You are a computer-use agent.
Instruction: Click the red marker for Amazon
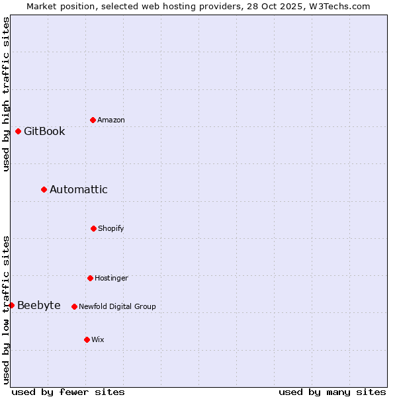tap(93, 120)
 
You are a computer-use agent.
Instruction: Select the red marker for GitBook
tap(18, 131)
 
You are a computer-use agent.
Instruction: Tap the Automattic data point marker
tap(44, 189)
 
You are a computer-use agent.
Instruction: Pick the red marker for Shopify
tap(93, 228)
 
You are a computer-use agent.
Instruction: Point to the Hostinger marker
tap(90, 278)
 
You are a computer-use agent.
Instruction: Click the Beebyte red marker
tap(11, 305)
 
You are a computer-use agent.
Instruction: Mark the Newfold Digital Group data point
tap(74, 306)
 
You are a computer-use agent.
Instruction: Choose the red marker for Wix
tap(87, 339)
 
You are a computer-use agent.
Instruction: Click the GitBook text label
tap(44, 131)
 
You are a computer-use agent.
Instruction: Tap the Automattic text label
tap(78, 189)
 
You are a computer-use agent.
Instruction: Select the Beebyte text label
tap(38, 305)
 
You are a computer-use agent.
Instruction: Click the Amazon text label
tap(110, 120)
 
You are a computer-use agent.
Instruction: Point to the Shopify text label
tap(110, 228)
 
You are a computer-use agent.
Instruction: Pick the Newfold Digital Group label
tap(117, 306)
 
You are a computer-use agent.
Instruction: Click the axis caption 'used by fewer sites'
tap(67, 392)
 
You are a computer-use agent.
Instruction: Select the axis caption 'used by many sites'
tap(332, 392)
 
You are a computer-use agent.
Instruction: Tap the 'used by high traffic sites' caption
tap(6, 94)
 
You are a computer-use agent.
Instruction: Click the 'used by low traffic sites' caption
tap(6, 309)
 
